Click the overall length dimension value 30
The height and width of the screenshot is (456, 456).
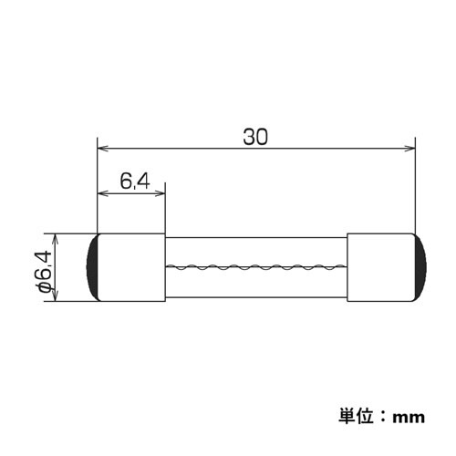(254, 137)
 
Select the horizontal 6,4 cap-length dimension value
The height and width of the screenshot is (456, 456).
(133, 181)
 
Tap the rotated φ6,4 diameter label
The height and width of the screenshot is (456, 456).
(41, 267)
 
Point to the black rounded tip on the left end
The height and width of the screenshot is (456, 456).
(91, 266)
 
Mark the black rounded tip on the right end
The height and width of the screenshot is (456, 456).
(420, 266)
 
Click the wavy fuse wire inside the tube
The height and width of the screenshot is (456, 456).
(255, 267)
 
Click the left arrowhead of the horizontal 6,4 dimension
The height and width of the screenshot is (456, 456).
(101, 192)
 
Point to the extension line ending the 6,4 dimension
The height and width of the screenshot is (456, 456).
(166, 210)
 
